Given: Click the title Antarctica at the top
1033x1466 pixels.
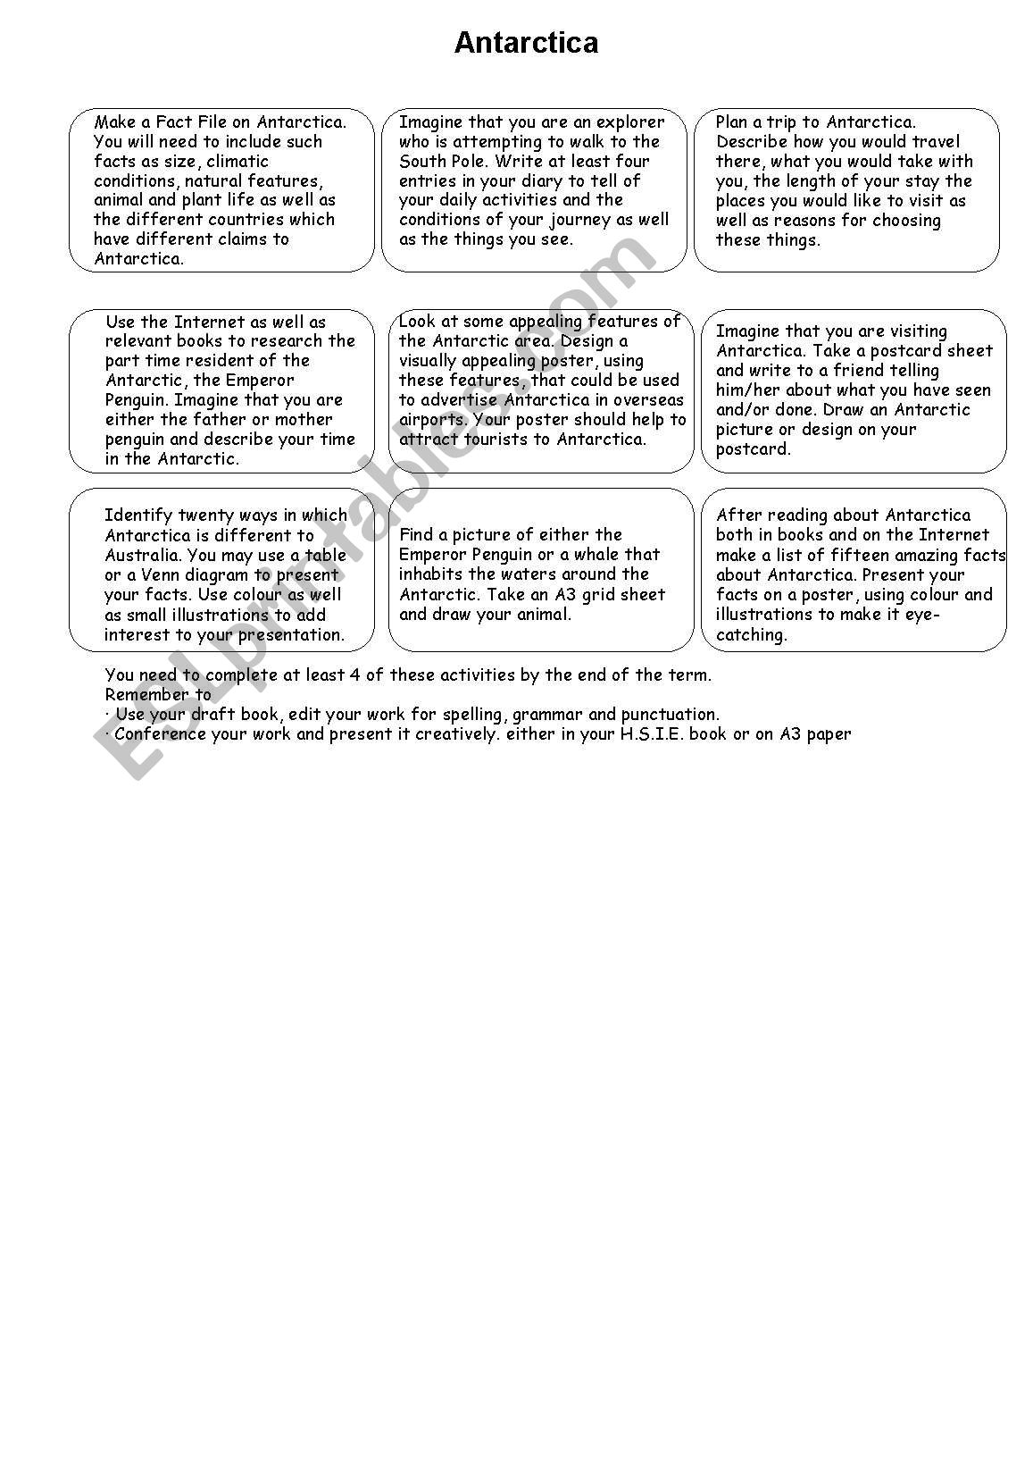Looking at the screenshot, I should [x=526, y=43].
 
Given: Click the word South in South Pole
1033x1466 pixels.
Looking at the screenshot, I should [x=422, y=162].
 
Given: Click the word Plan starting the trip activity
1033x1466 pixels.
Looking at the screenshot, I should [x=735, y=122].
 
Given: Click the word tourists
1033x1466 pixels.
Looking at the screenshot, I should [x=506, y=440].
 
